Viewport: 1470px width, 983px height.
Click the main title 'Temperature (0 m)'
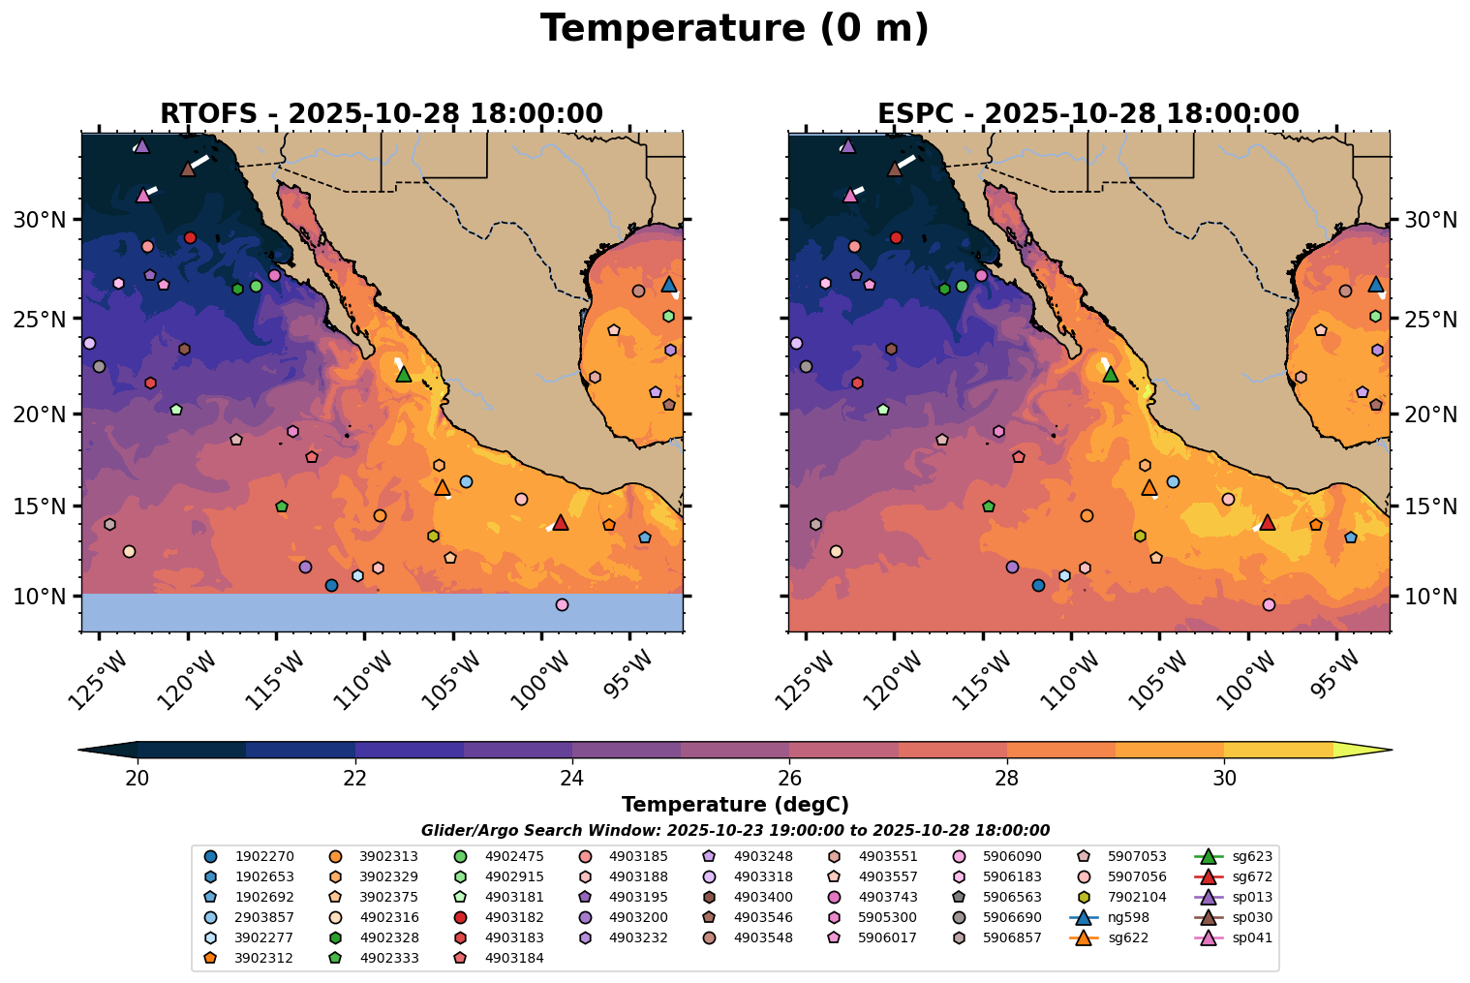click(x=734, y=29)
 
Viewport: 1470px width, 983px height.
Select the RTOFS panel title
click(x=382, y=114)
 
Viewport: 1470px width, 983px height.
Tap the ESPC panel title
click(x=1087, y=114)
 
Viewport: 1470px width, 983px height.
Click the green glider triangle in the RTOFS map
click(x=404, y=375)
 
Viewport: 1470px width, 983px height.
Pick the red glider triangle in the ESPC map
click(x=1267, y=523)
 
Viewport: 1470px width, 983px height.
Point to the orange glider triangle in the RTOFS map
click(x=443, y=488)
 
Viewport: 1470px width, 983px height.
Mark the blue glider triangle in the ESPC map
click(x=1375, y=285)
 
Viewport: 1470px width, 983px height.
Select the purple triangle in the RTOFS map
click(x=141, y=146)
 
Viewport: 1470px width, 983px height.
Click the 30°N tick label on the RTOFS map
click(x=39, y=221)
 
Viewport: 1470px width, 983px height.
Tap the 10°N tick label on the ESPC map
click(x=1430, y=597)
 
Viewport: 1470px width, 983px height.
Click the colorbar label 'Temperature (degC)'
click(x=735, y=805)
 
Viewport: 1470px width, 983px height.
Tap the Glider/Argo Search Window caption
click(x=735, y=830)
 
